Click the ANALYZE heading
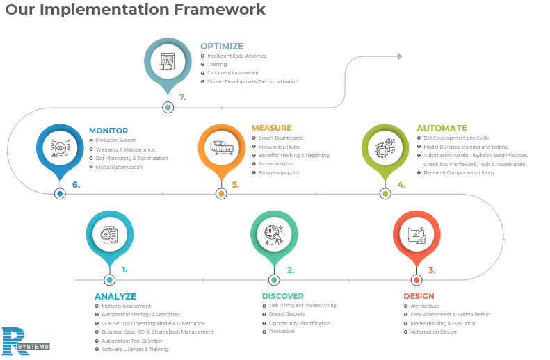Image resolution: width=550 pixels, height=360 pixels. pos(115,296)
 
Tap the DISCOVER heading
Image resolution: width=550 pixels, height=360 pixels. pos(283,296)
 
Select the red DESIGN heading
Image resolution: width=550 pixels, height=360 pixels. pos(419,296)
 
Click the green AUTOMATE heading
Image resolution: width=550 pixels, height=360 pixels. pos(442,129)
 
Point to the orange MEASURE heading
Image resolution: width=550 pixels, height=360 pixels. pos(271,129)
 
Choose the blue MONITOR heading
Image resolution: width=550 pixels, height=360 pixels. pos(108,131)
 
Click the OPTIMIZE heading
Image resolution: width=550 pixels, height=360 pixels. pos(222,47)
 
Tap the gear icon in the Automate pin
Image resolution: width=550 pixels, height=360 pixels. pos(385,149)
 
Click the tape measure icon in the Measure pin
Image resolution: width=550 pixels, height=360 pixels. pos(221,147)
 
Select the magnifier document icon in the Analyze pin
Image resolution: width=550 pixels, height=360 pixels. pos(109,235)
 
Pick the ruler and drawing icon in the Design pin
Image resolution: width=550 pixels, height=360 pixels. pos(416,235)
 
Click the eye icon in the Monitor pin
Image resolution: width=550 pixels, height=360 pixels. pos(59,147)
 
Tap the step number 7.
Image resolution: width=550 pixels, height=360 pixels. pos(182,98)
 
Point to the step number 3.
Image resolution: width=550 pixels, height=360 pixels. pos(432,270)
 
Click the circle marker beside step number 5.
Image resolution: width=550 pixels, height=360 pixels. pos(221,194)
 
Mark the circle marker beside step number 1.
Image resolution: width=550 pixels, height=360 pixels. pos(109,280)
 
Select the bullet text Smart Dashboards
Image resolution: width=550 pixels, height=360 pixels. pos(280,138)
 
